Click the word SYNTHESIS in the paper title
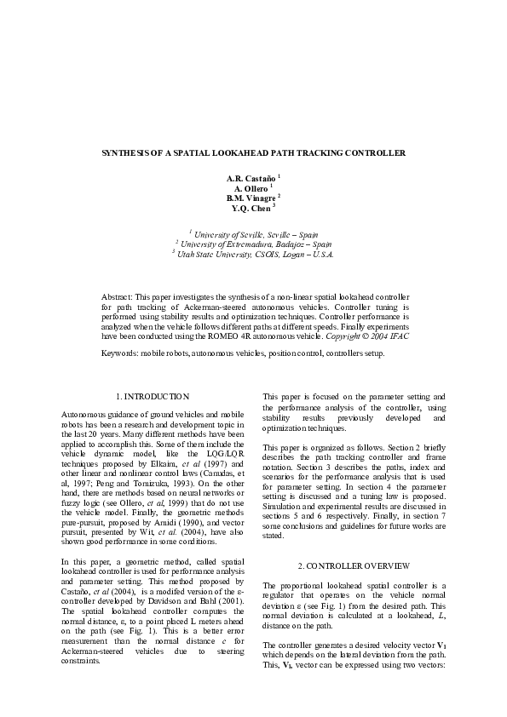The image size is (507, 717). pyautogui.click(x=129, y=153)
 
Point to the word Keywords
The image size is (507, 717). pyautogui.click(x=120, y=353)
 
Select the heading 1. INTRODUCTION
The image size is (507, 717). pyautogui.click(x=152, y=396)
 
